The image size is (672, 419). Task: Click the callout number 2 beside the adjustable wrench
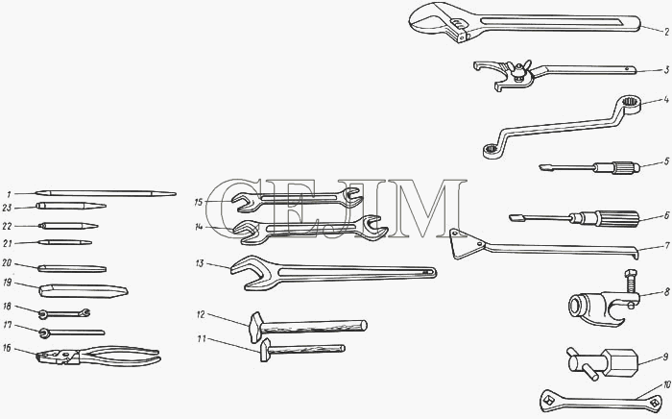(x=666, y=32)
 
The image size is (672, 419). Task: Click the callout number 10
(x=666, y=384)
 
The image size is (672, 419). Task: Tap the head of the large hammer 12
(x=255, y=327)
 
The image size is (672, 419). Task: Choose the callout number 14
(x=199, y=228)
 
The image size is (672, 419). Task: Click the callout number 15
(x=198, y=202)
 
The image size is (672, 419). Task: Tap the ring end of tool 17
(x=44, y=333)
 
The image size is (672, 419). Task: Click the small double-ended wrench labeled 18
(x=64, y=314)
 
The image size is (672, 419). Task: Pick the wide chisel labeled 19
(x=84, y=290)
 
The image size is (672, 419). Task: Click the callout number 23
(x=7, y=208)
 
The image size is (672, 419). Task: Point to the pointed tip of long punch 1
(x=174, y=194)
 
